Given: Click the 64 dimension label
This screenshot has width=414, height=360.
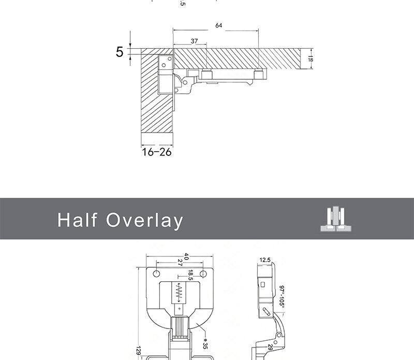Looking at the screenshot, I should (219, 25).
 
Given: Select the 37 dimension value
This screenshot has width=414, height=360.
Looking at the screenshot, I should (194, 41).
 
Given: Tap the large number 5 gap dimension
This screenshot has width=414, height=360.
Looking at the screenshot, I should (120, 52).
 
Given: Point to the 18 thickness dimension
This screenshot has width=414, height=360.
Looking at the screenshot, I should (310, 60).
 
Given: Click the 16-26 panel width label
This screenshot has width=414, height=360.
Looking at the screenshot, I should (156, 152).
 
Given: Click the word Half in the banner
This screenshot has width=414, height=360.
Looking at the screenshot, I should (77, 220).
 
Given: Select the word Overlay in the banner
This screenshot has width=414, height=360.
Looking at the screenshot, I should (145, 220).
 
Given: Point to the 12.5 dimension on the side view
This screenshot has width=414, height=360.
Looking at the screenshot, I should (265, 260).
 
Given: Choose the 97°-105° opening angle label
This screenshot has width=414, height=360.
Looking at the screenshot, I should (283, 295).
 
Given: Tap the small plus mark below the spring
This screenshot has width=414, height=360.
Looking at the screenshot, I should (180, 308).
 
